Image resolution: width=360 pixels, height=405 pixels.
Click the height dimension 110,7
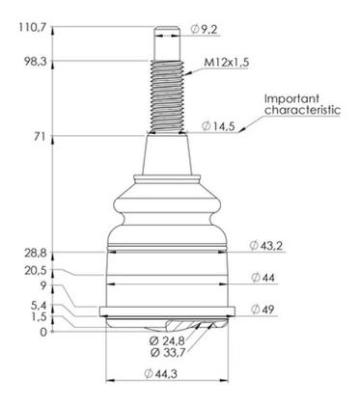[x=33, y=28]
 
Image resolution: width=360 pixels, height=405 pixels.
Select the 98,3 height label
[x=36, y=62]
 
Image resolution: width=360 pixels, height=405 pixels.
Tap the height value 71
[x=41, y=137]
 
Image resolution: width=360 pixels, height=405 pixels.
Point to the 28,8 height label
[x=36, y=254]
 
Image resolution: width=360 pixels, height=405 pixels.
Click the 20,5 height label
[x=36, y=271]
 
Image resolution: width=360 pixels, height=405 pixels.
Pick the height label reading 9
[x=43, y=285]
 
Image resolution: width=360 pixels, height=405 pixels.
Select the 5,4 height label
[x=39, y=306]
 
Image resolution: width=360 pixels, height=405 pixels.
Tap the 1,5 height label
[x=40, y=317]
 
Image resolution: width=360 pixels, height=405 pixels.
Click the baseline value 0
[x=43, y=332]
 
